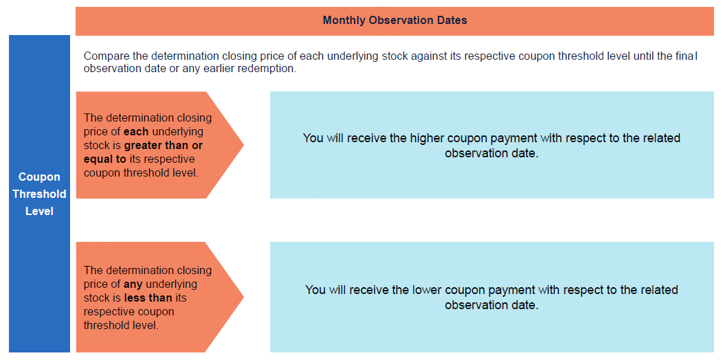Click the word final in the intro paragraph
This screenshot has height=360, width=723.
click(x=687, y=57)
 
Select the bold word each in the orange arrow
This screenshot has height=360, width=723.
click(x=136, y=131)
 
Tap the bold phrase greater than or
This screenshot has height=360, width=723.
click(x=164, y=145)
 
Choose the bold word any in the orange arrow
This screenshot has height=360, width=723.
click(x=133, y=284)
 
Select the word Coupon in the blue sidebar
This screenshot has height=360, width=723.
click(x=39, y=177)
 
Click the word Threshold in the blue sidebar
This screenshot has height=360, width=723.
click(x=39, y=194)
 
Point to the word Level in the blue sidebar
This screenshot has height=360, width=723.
click(x=39, y=212)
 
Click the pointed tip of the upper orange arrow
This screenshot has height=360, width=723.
click(x=243, y=145)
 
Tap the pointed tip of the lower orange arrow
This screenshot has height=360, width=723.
click(x=243, y=297)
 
